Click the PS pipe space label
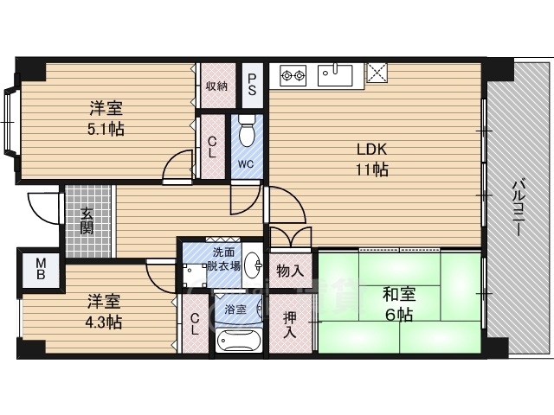click(x=252, y=85)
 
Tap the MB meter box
click(x=41, y=269)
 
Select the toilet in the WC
click(x=247, y=131)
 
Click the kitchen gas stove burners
click(x=293, y=75)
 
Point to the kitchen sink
click(x=335, y=75)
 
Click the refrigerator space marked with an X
click(x=377, y=73)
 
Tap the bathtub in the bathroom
click(x=239, y=340)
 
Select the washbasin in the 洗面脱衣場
click(x=253, y=265)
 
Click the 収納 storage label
click(x=216, y=86)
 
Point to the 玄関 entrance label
click(x=87, y=221)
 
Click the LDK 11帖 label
click(x=372, y=159)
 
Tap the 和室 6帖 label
click(x=399, y=304)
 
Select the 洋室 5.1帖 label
click(x=106, y=118)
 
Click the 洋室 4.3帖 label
click(x=104, y=311)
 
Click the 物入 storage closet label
click(x=290, y=271)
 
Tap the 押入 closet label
click(x=290, y=325)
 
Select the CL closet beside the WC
click(x=212, y=147)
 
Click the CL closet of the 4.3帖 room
click(x=195, y=324)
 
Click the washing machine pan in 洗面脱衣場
click(x=195, y=275)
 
